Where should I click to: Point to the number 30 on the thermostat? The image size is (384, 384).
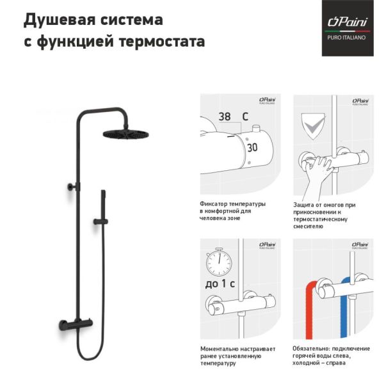click(252, 147)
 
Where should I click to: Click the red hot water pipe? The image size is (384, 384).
click(309, 307)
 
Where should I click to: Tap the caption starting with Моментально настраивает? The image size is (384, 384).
click(237, 355)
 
